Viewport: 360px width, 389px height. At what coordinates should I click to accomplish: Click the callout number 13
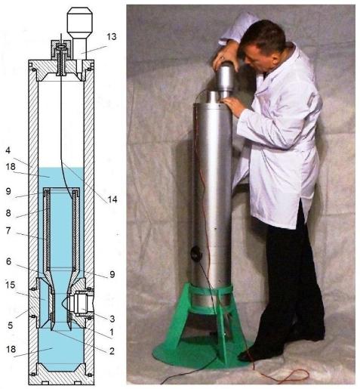[x=112, y=37]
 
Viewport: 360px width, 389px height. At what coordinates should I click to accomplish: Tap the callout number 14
[x=112, y=199]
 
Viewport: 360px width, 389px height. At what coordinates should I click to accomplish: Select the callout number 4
[x=8, y=150]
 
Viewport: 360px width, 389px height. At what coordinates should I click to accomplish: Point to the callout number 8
[x=8, y=213]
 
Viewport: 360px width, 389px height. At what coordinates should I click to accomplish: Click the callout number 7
[x=8, y=230]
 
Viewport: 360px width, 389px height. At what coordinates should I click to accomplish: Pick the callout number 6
[x=8, y=261]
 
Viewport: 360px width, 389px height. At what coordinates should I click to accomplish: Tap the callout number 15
[x=11, y=285]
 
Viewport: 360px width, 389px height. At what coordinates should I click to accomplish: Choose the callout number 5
[x=10, y=325]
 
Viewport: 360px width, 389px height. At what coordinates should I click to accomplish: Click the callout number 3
[x=112, y=319]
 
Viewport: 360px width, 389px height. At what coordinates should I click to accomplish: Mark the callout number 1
[x=112, y=332]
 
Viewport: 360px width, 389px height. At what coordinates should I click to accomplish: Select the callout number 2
[x=112, y=350]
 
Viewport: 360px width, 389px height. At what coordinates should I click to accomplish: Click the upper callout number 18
[x=11, y=167]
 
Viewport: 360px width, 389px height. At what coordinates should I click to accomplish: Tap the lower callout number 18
[x=11, y=349]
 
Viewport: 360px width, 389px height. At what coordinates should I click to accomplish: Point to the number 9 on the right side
[x=112, y=274]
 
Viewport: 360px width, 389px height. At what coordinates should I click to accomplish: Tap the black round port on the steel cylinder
[x=196, y=254]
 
